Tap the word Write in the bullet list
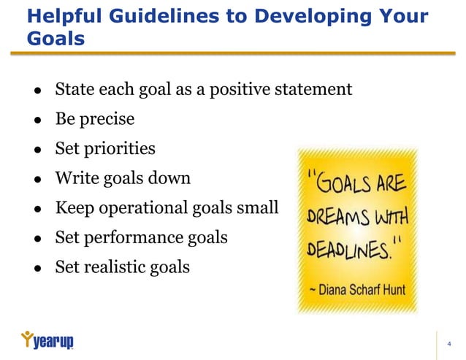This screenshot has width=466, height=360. tap(76, 178)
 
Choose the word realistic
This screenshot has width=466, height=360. tap(118, 267)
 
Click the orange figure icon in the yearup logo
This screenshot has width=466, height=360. tap(27, 338)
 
